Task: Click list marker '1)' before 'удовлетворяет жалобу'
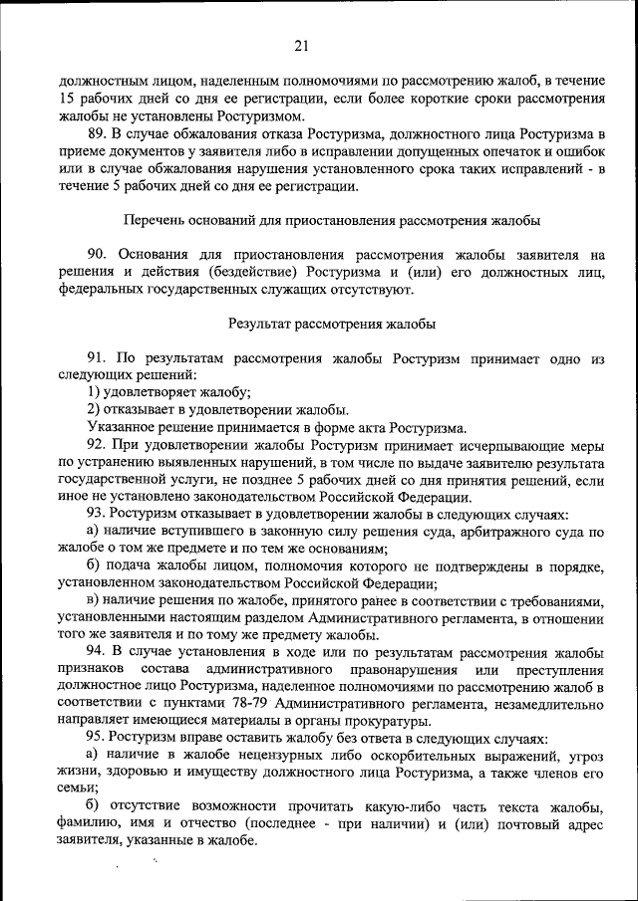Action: (x=93, y=392)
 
